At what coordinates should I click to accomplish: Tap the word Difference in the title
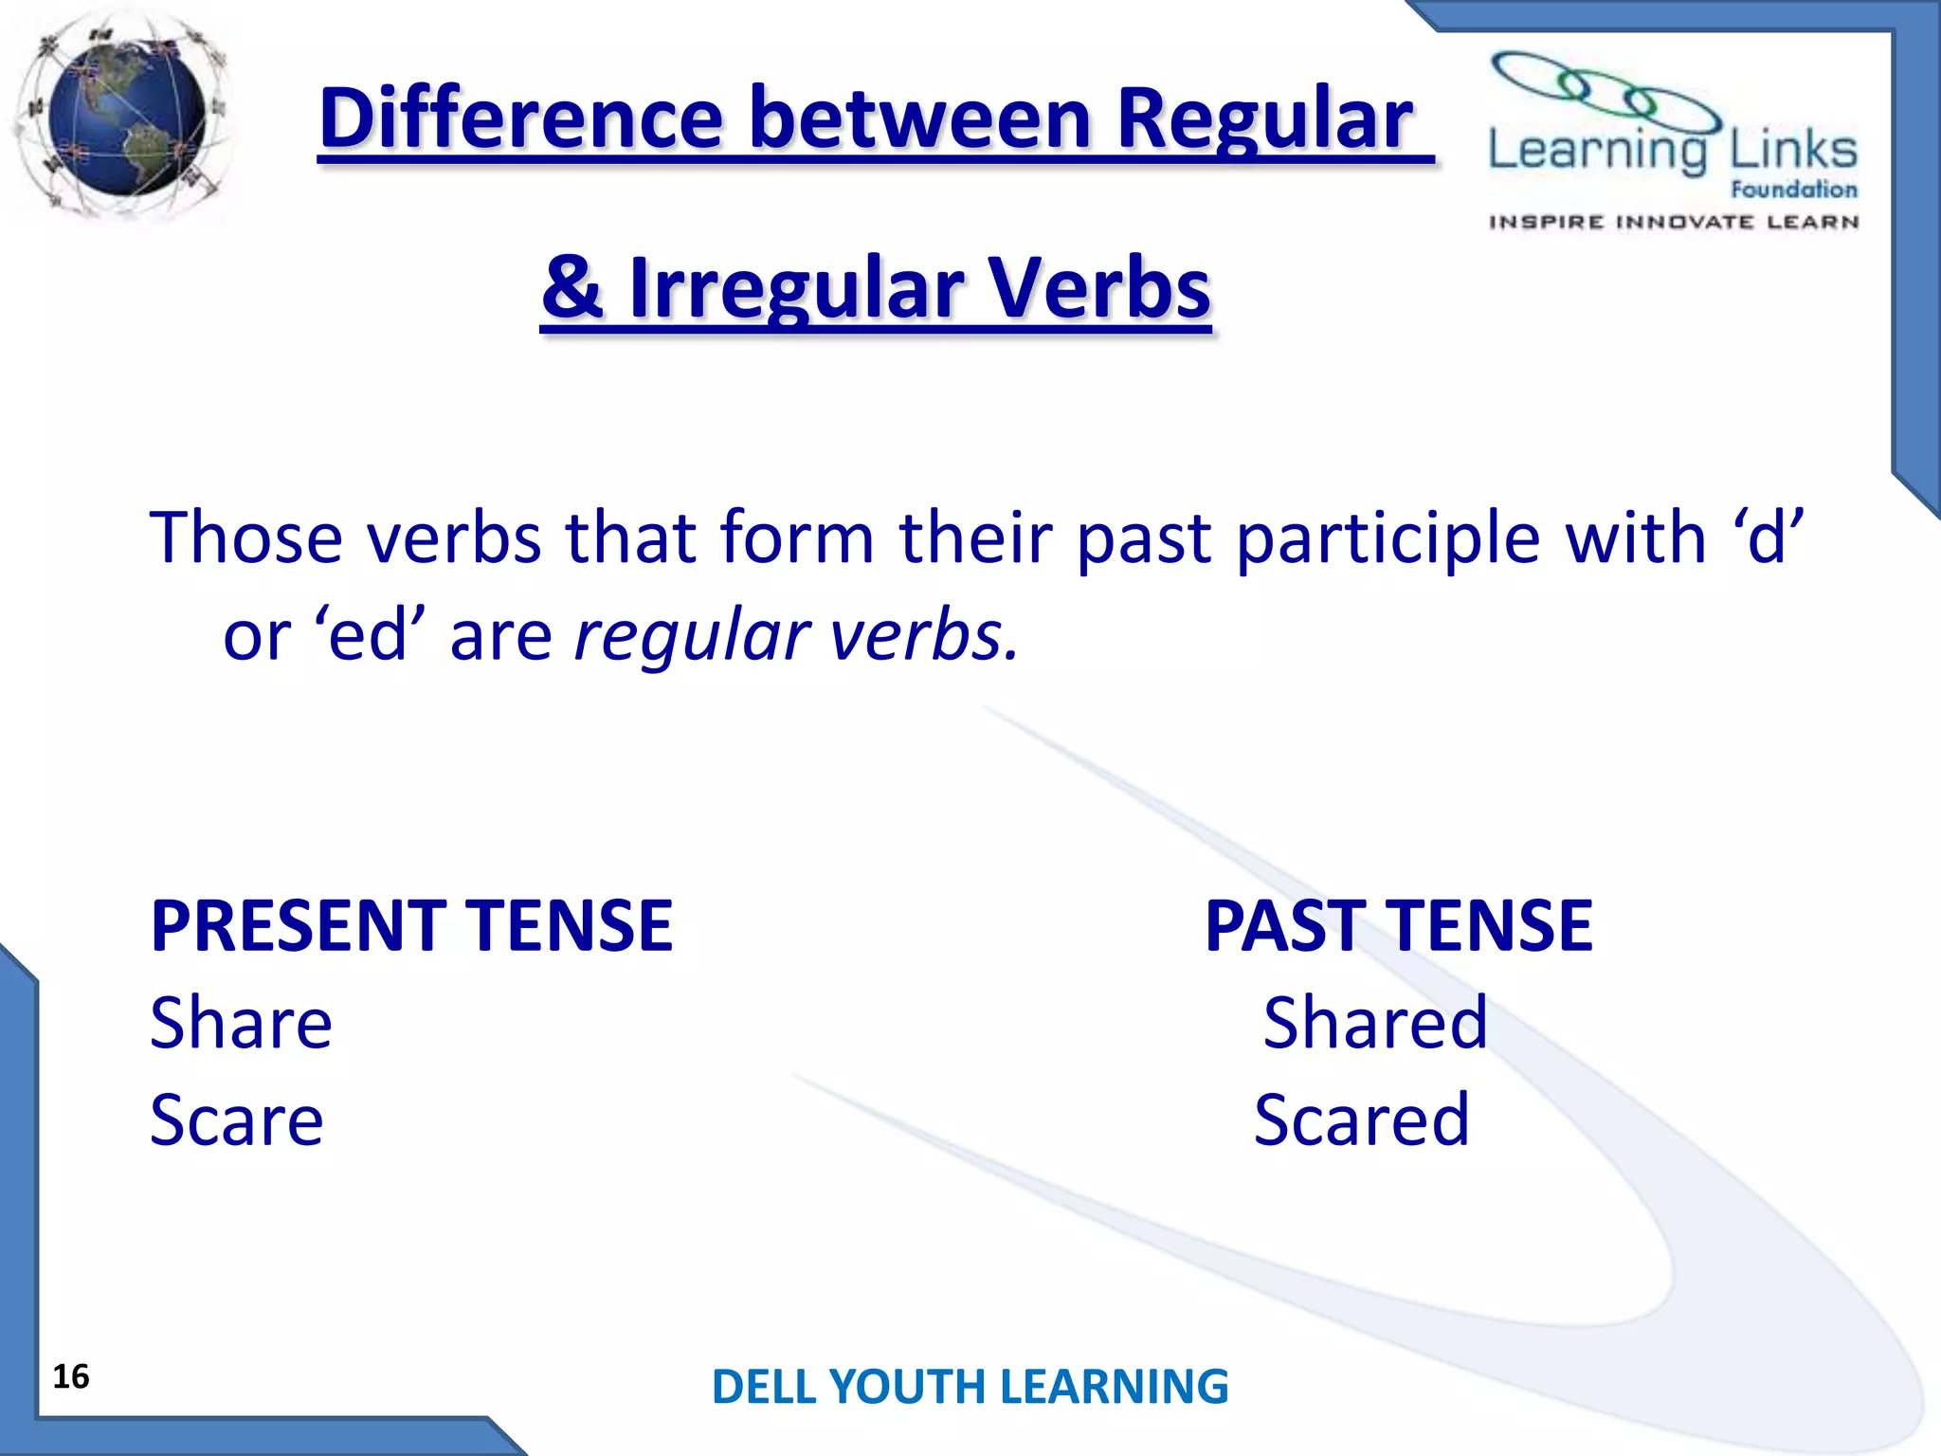521,119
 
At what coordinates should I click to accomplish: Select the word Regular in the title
1264,119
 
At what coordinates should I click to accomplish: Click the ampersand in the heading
572,288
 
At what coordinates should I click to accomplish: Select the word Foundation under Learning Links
1793,190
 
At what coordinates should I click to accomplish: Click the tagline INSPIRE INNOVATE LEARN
1674,223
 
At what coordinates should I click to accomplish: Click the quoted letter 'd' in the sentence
1769,537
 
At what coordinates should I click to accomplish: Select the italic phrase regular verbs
796,635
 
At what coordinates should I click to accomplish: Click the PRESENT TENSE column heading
411,925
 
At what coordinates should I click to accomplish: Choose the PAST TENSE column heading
1399,925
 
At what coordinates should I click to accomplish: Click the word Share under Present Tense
241,1024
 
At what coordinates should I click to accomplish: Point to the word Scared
1361,1120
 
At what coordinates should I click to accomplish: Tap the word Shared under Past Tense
1374,1024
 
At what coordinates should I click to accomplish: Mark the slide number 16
71,1376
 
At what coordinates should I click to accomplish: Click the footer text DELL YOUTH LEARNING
970,1386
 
